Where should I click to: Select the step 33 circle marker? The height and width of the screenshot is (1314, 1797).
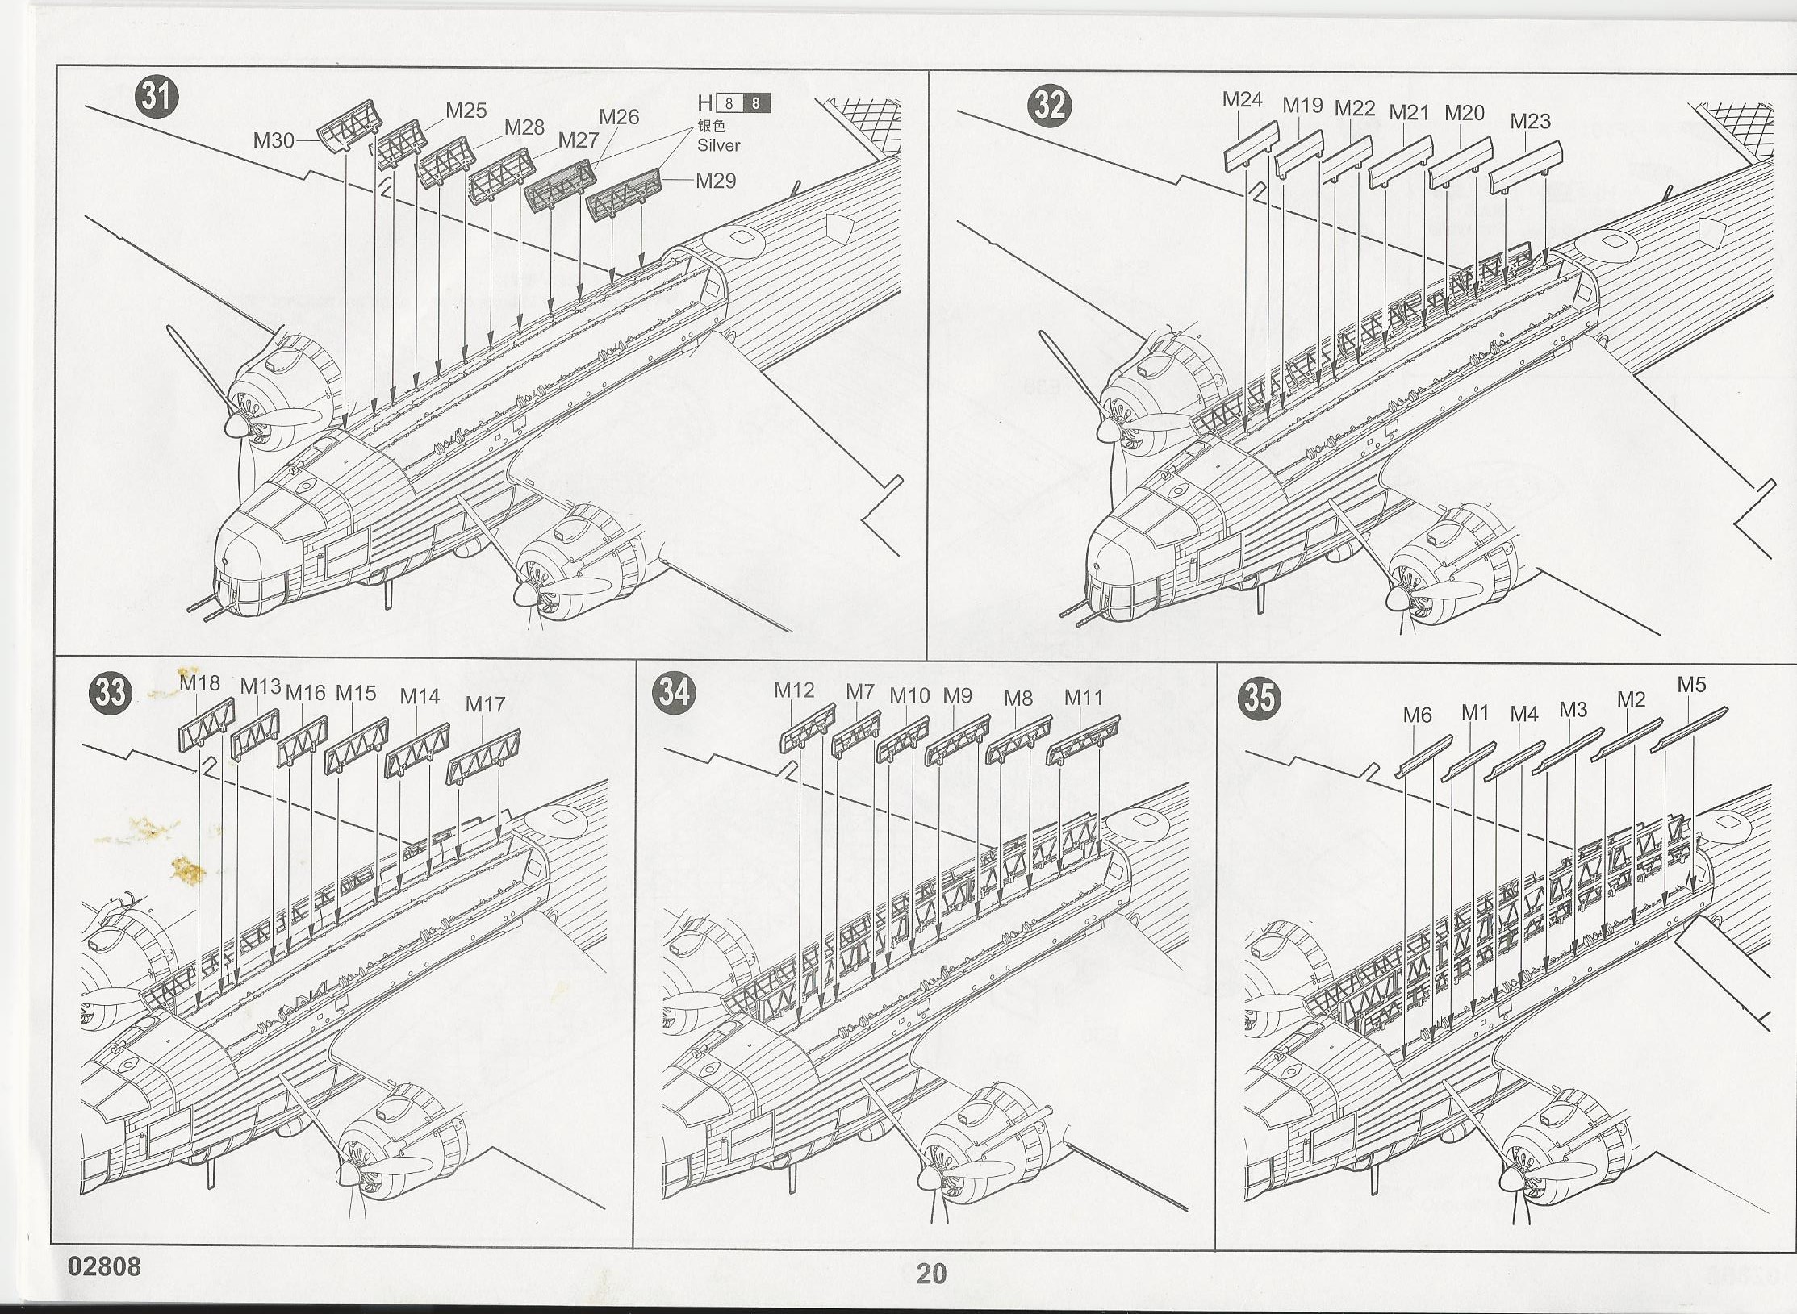click(111, 693)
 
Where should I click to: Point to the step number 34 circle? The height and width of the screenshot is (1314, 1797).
click(674, 693)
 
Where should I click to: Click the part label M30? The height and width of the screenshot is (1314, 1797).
click(274, 140)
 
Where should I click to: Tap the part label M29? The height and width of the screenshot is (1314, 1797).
click(716, 181)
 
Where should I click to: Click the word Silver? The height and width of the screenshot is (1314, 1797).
click(718, 145)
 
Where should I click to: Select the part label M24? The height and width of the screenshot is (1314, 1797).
click(1242, 100)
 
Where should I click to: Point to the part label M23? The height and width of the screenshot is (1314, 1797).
click(1530, 121)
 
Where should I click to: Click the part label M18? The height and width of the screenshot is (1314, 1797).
click(199, 683)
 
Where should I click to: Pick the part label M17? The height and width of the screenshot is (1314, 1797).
click(485, 704)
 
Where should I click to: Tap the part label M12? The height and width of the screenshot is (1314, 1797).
click(794, 690)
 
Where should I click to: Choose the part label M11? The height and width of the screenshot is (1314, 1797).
click(1083, 696)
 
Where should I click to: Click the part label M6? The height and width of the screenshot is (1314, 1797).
click(1417, 715)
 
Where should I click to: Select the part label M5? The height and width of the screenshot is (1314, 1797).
click(1691, 685)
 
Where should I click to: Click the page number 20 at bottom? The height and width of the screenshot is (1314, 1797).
click(930, 1274)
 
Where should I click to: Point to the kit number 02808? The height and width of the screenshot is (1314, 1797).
click(104, 1266)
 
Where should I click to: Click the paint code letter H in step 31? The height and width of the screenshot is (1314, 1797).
click(705, 102)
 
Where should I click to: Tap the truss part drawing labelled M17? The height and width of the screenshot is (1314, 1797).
click(483, 757)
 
